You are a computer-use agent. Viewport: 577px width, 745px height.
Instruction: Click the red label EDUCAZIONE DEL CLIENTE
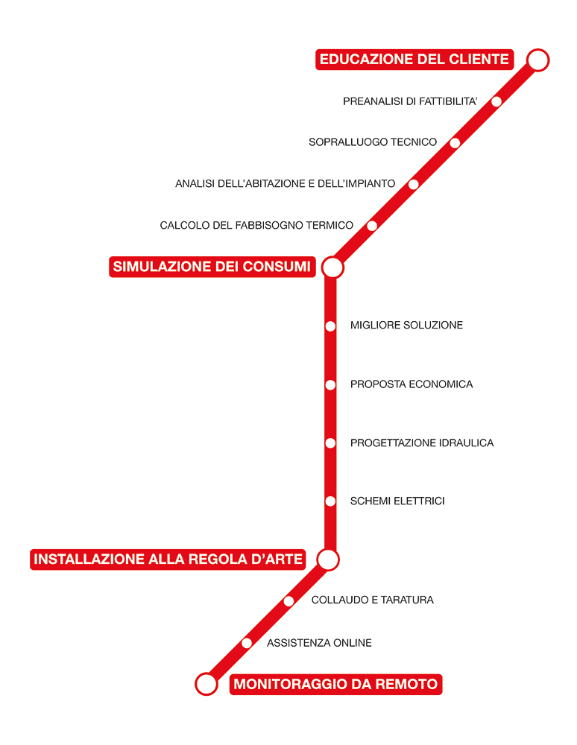pos(414,60)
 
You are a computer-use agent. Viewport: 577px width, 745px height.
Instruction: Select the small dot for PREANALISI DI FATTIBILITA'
pos(496,101)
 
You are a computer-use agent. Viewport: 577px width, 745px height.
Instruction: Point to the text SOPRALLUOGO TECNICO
pos(373,142)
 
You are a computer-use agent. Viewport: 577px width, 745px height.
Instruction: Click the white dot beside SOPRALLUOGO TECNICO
pos(455,142)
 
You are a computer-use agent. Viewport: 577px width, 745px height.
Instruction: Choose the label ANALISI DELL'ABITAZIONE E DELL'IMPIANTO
pos(286,183)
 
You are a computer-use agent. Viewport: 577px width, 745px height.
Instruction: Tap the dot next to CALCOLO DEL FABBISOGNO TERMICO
pos(372,226)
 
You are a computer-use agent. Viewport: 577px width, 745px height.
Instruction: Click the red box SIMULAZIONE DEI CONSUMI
pos(212,267)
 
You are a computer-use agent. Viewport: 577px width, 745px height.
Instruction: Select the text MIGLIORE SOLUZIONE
pos(406,325)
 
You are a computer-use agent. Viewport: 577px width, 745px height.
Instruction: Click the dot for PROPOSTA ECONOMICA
pos(330,385)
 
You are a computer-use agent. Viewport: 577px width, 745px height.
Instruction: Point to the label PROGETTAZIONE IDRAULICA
pos(422,443)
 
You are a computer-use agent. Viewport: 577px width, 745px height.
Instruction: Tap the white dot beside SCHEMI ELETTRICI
pos(330,501)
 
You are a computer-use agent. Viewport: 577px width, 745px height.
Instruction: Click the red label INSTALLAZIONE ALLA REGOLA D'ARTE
pos(168,559)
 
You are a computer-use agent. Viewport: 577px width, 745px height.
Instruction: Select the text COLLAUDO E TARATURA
pos(373,600)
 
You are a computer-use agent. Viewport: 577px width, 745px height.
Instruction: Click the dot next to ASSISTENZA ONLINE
pos(247,644)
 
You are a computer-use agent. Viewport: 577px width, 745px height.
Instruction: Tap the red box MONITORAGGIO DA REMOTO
pos(335,684)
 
